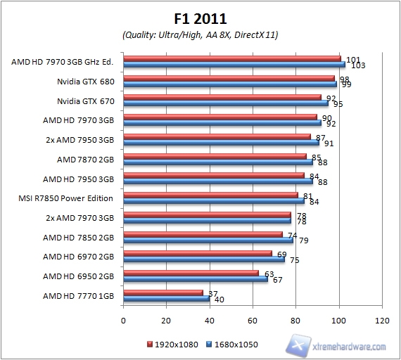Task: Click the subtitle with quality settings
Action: click(200, 34)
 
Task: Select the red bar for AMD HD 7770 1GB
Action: click(163, 292)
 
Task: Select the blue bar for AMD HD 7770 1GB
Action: click(167, 299)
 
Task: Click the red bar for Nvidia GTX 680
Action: click(229, 79)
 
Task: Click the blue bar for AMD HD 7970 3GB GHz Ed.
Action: click(234, 65)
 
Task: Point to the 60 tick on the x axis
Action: click(253, 321)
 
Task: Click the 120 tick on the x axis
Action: click(383, 321)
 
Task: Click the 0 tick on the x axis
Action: click(124, 321)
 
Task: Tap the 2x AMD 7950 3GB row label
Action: click(79, 140)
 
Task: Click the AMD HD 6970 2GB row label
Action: click(79, 257)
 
